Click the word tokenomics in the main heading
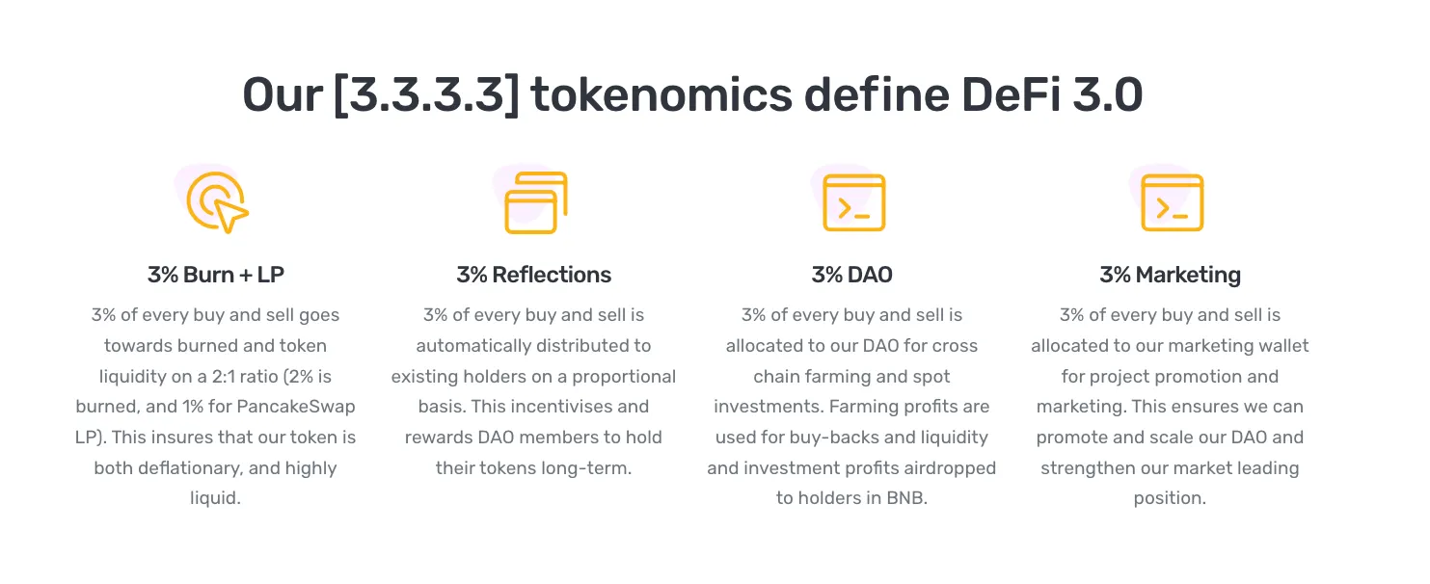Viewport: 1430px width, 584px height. click(661, 94)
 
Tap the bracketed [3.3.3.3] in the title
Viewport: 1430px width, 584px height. click(426, 95)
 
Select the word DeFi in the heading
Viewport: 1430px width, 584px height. click(1011, 94)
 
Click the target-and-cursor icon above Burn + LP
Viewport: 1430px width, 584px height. click(216, 203)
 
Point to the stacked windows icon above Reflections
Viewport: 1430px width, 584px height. click(535, 203)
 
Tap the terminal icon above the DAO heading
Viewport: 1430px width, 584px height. click(854, 202)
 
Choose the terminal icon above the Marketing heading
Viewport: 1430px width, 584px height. click(1173, 202)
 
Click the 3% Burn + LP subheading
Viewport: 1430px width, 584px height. click(216, 275)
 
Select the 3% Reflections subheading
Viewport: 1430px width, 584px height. click(533, 275)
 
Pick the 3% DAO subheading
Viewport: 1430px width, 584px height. click(852, 275)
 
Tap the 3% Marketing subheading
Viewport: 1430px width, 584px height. click(1171, 275)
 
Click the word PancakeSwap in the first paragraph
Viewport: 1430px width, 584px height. click(296, 407)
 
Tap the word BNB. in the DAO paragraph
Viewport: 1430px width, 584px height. click(906, 498)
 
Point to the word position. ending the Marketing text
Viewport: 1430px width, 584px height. click(1171, 498)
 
